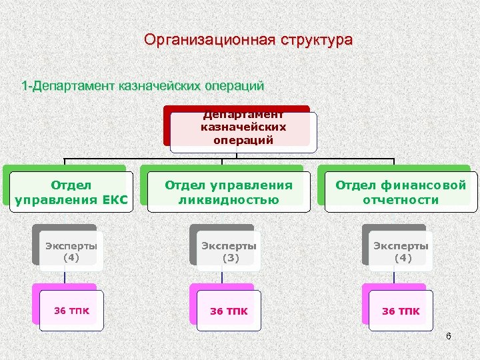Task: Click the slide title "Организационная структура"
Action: pos(249,40)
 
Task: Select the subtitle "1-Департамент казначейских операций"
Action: pos(143,86)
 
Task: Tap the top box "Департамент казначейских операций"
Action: pos(243,127)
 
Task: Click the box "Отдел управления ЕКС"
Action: pos(71,192)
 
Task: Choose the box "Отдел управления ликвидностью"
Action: pos(229,192)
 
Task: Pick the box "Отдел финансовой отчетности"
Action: pos(401,192)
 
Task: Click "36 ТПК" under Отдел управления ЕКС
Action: pos(71,310)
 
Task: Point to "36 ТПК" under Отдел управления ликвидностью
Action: pos(229,311)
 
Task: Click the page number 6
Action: pos(448,336)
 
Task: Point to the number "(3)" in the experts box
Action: pos(230,257)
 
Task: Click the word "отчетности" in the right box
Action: pos(401,199)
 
